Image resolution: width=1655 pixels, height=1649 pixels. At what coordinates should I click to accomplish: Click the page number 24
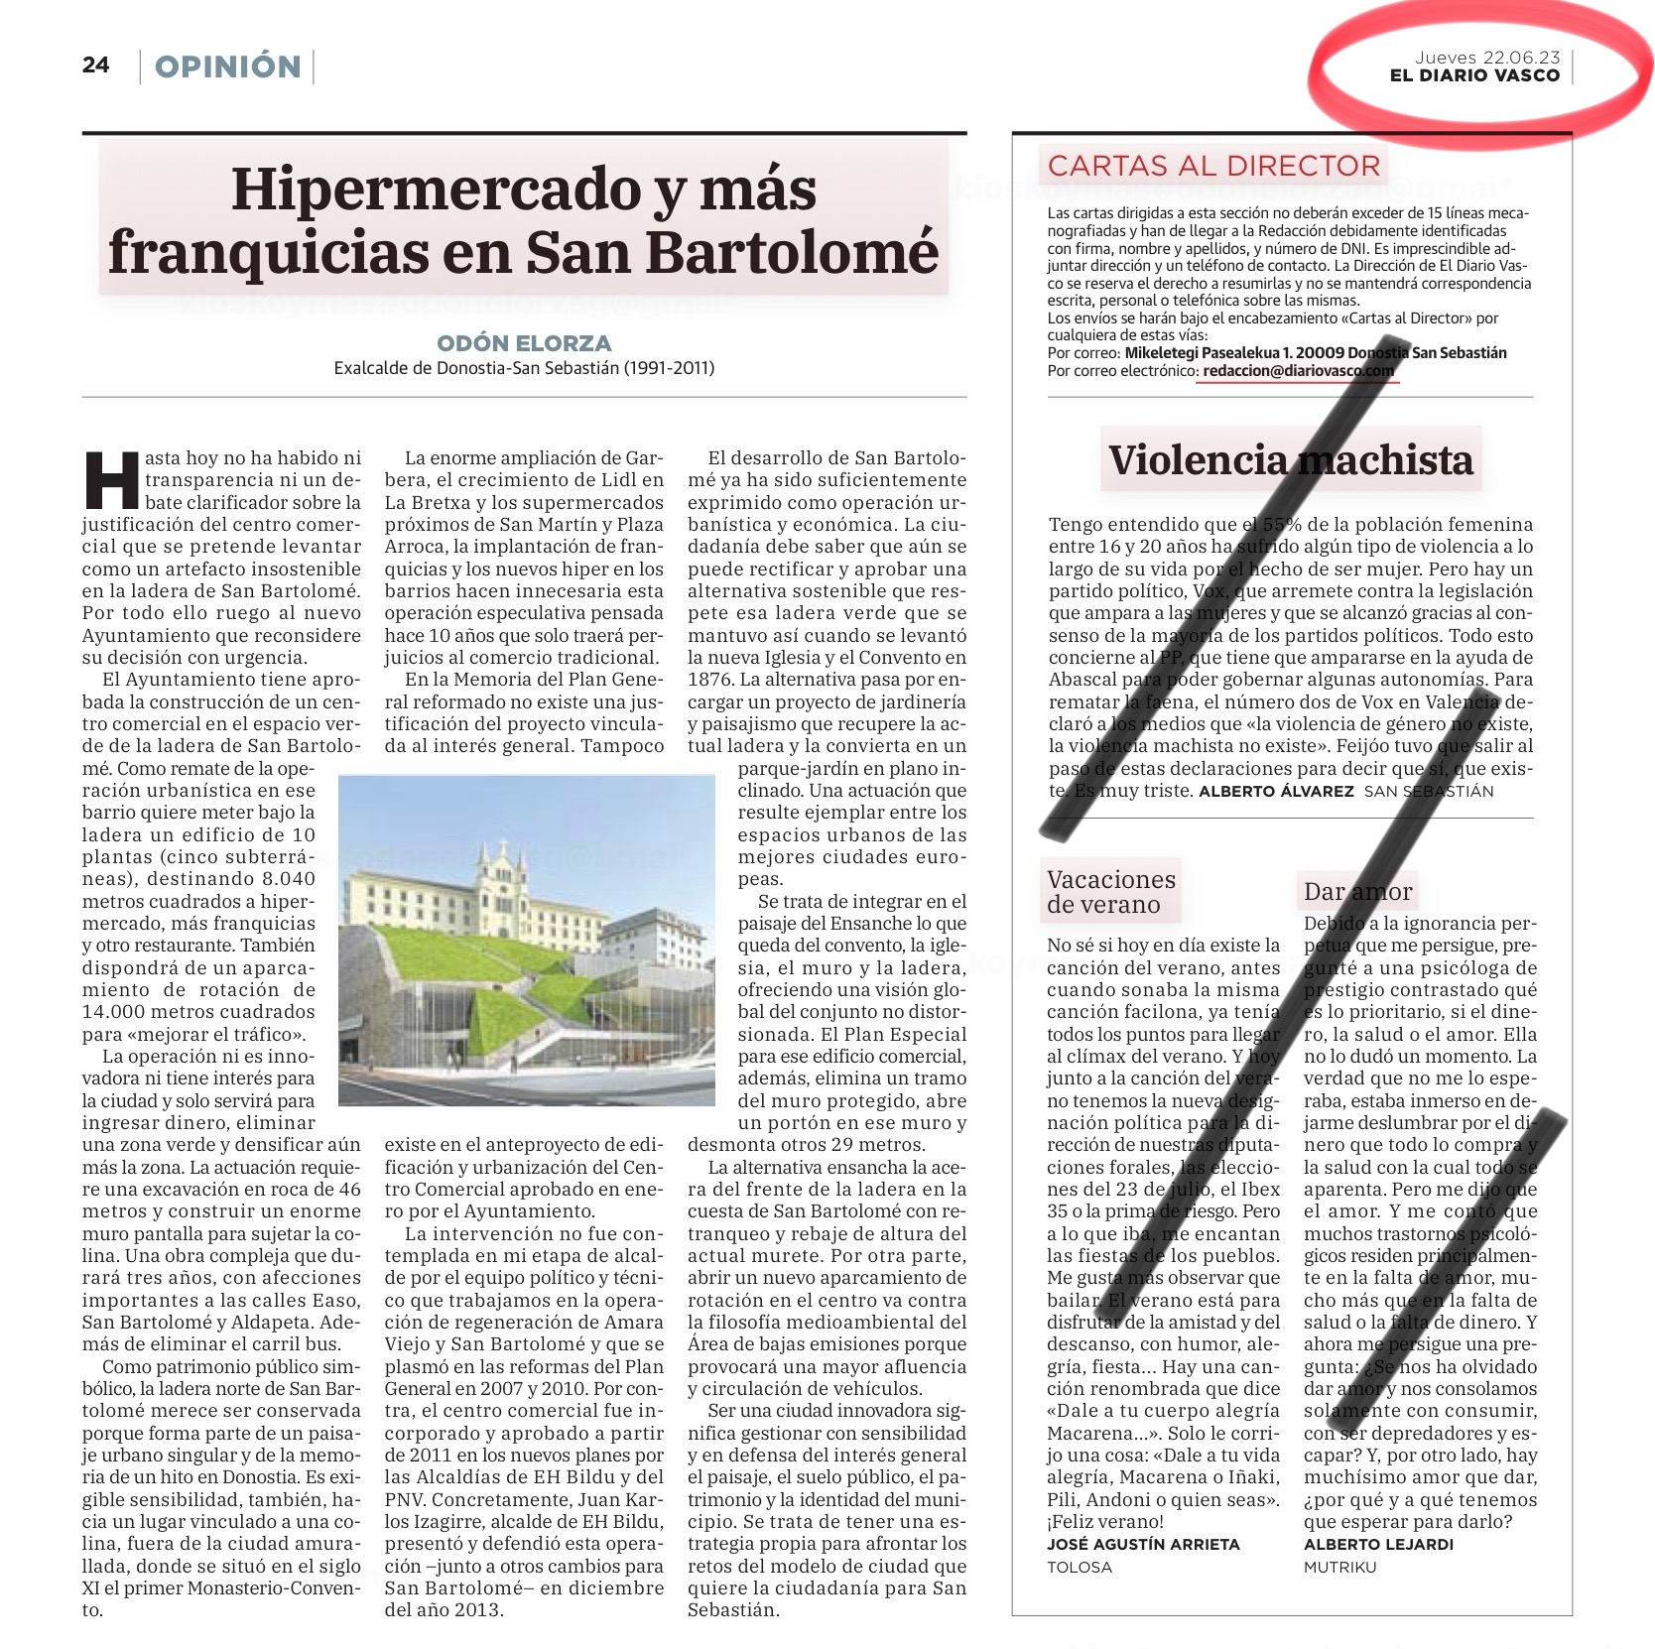[x=95, y=65]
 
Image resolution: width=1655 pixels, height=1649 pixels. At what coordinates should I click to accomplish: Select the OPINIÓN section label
[x=227, y=66]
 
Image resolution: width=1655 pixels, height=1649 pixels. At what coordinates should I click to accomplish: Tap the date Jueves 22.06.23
[x=1486, y=58]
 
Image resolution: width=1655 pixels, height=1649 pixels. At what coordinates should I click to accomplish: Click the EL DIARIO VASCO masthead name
[x=1474, y=76]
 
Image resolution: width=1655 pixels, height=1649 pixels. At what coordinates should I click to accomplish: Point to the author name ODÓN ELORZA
[x=524, y=343]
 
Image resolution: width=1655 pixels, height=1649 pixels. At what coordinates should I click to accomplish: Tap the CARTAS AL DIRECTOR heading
[x=1213, y=166]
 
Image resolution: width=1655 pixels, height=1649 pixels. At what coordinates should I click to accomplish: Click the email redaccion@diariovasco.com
[x=1298, y=370]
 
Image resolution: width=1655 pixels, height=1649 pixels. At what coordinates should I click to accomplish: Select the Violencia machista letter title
[x=1290, y=459]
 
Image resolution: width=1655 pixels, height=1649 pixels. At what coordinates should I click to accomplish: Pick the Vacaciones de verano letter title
[x=1110, y=891]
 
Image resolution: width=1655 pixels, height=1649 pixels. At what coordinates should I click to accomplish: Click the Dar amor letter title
[x=1356, y=891]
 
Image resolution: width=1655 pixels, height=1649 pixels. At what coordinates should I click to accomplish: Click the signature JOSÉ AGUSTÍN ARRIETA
[x=1143, y=1544]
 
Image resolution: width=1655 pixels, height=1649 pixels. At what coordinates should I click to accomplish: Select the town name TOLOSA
[x=1080, y=1567]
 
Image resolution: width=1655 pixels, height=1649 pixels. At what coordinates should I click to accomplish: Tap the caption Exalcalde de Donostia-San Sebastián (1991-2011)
[x=524, y=368]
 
